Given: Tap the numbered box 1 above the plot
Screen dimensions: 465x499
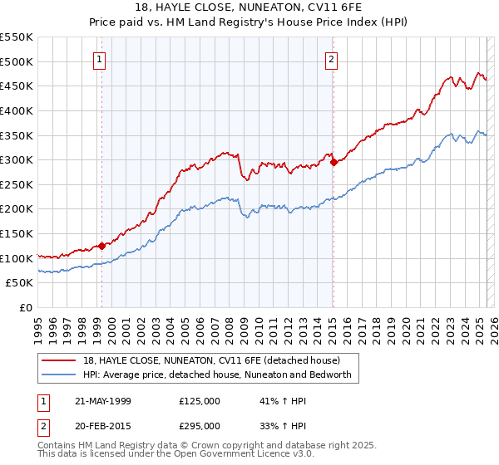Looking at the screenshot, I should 99,59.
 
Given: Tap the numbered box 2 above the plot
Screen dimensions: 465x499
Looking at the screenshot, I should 331,59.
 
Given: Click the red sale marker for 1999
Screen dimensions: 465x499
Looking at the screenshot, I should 101,246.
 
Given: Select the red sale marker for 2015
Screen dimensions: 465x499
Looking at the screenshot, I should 333,163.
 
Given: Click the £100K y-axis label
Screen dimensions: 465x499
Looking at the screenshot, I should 17,258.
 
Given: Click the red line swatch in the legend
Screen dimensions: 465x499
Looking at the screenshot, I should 59,361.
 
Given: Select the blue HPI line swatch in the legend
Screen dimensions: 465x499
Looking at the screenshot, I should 59,374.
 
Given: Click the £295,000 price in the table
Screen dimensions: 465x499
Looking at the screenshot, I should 200,425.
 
